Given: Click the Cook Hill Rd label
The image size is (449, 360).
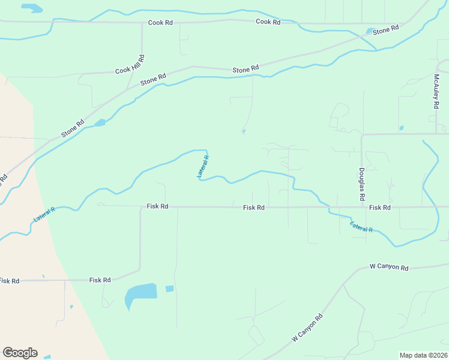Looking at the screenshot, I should tap(131, 65).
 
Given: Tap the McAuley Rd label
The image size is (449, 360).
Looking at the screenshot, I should tap(436, 91).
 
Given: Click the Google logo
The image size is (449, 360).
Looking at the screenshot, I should tap(20, 353).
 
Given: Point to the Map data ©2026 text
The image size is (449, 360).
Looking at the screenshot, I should tap(423, 355).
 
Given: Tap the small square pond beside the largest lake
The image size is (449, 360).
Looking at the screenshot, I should tap(169, 289).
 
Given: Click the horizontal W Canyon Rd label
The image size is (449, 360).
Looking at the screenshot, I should tap(389, 267).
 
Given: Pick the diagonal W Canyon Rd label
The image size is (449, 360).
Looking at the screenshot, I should tap(308, 328).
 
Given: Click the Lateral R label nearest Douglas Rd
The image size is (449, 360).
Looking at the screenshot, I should tap(361, 227).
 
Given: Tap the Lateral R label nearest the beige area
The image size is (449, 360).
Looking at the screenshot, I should tap(44, 214).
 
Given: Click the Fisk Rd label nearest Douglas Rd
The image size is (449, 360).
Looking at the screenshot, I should tap(380, 208).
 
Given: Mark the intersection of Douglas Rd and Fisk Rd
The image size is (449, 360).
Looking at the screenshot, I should tap(362, 208).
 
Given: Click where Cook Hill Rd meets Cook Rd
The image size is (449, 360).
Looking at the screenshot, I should tap(142, 23).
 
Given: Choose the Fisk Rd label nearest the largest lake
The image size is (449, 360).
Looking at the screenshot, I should tap(100, 280).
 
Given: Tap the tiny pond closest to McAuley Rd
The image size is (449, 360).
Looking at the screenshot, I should tap(401, 128).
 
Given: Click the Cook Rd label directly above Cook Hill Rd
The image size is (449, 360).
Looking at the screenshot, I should tap(160, 23).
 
